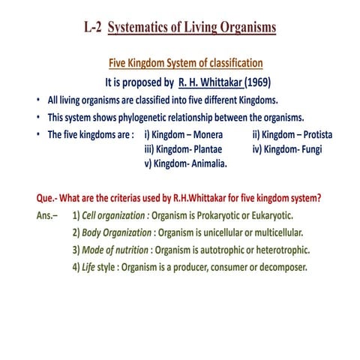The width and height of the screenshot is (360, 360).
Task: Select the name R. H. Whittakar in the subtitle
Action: [211, 81]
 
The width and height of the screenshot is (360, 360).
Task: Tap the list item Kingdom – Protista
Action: [293, 135]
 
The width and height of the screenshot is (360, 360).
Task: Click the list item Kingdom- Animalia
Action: [185, 163]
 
